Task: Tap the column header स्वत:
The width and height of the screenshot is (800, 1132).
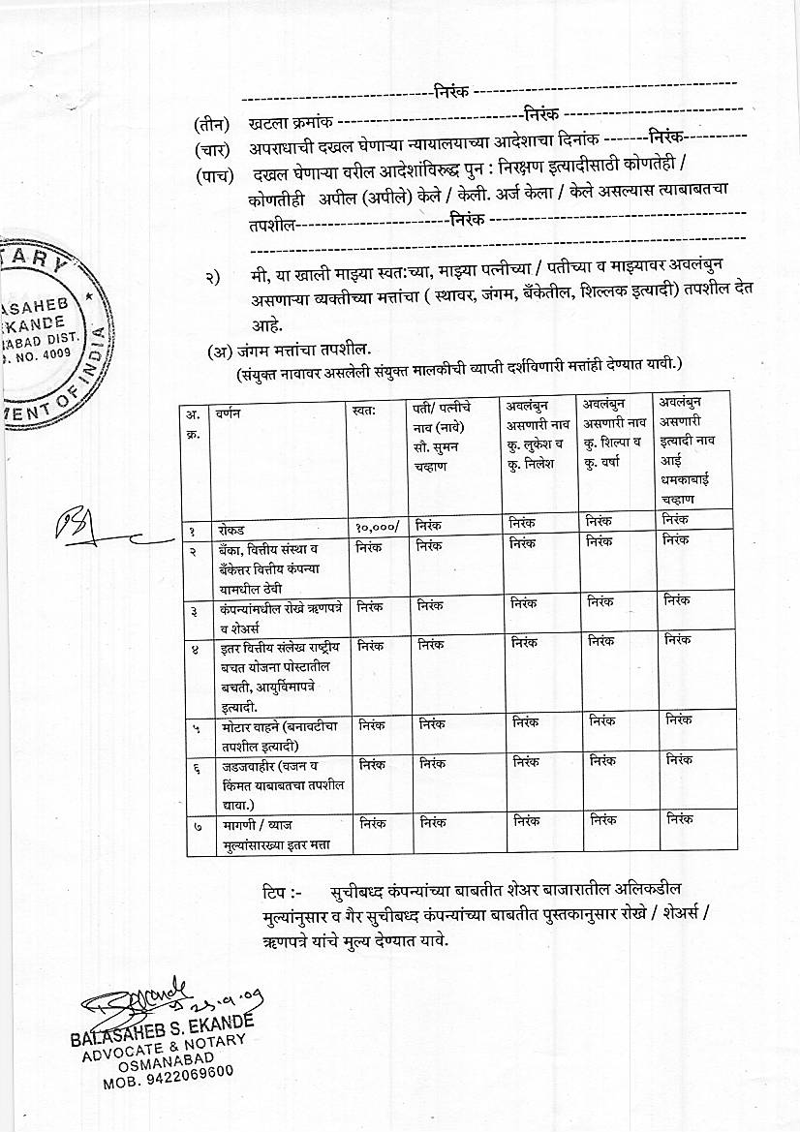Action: click(365, 412)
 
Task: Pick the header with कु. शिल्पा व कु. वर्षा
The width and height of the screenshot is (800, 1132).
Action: click(613, 435)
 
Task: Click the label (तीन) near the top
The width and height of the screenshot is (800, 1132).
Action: click(211, 123)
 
